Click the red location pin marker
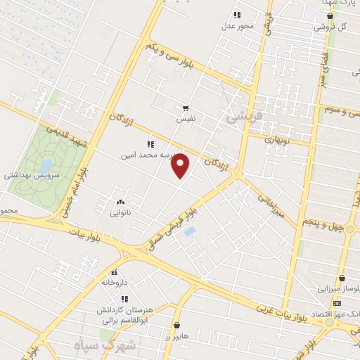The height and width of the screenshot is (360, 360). pyautogui.click(x=181, y=165)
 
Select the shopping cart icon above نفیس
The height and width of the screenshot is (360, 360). pyautogui.click(x=186, y=108)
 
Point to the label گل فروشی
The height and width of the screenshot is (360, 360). pyautogui.click(x=333, y=27)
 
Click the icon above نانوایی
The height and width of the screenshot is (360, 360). pyautogui.click(x=120, y=201)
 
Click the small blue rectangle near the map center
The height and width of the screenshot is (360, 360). pyautogui.click(x=189, y=231)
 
